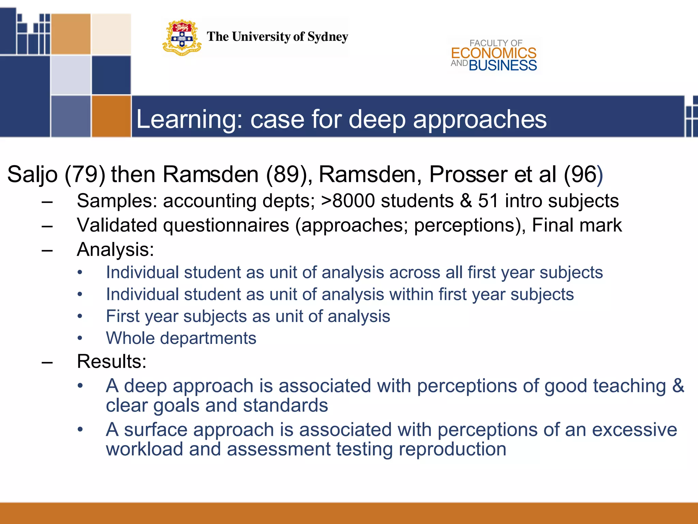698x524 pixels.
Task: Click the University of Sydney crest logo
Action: pos(182,38)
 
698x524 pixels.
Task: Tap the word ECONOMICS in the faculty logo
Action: pos(494,53)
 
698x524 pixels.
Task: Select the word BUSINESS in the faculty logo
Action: pos(503,65)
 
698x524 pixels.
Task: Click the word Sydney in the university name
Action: pos(328,37)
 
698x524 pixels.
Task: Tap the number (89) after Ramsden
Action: pos(287,175)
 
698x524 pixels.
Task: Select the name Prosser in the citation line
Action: pos(468,175)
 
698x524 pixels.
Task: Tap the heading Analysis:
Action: pos(115,249)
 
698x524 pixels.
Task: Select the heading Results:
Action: pos(111,361)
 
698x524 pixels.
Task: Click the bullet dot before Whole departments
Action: pos(80,338)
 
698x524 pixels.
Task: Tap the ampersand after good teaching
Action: pos(678,386)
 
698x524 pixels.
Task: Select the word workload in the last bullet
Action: pos(145,449)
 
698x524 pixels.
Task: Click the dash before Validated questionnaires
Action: pos(47,225)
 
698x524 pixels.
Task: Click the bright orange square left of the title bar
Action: pos(111,116)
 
